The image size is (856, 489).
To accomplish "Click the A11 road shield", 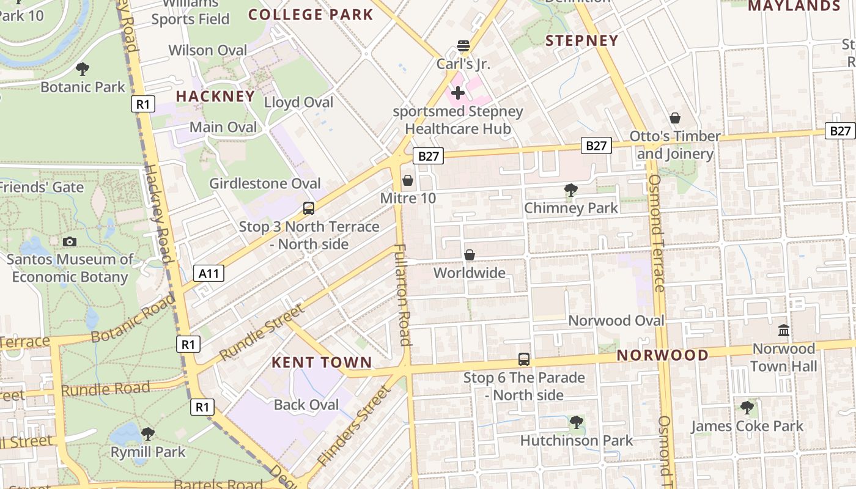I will [208, 273].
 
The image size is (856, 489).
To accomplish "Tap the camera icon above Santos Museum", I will [70, 241].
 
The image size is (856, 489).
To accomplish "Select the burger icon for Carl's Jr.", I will [463, 46].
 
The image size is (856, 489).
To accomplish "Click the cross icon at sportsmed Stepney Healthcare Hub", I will [457, 93].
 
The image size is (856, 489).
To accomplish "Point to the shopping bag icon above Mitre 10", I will [408, 181].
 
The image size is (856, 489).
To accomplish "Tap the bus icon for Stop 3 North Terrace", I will [309, 208].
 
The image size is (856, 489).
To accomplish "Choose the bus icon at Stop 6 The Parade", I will [524, 359].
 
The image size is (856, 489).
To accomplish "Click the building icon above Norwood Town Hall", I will [783, 331].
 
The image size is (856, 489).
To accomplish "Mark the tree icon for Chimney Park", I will [571, 190].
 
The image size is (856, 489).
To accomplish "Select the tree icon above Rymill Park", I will [147, 434].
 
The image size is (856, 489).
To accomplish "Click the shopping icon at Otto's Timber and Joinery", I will [675, 118].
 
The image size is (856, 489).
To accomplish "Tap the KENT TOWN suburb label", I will [322, 362].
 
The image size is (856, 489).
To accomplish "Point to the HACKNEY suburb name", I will [215, 97].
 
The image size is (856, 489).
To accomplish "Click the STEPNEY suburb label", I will [581, 41].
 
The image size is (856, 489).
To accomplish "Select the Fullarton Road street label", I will [402, 295].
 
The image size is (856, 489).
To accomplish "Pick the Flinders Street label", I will [353, 426].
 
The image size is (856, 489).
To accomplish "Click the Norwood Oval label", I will [616, 321].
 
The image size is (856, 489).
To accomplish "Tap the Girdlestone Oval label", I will [265, 183].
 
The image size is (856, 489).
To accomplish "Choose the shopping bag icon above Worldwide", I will [470, 255].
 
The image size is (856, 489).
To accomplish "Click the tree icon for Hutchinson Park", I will [576, 422].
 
